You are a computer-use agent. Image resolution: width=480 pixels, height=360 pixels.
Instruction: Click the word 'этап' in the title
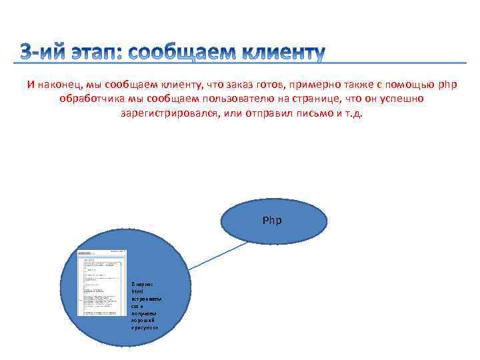click(96, 54)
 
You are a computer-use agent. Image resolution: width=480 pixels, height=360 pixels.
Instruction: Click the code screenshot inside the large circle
click(102, 283)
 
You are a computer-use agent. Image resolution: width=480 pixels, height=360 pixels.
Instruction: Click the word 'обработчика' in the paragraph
click(88, 99)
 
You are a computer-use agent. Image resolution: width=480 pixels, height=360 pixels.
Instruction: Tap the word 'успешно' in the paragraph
click(403, 99)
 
